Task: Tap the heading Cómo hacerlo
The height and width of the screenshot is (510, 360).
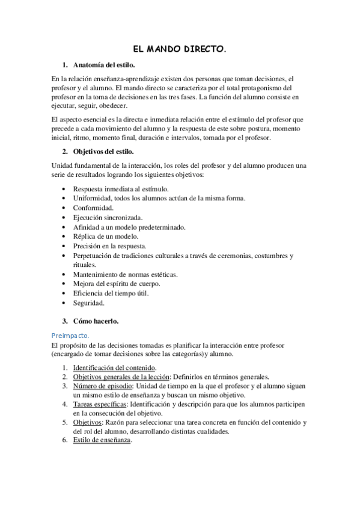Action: coord(96,321)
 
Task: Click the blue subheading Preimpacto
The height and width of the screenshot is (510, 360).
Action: coord(70,335)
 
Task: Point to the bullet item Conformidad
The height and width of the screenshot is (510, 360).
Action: coord(93,207)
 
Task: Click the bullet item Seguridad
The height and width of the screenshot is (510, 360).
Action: coord(89,303)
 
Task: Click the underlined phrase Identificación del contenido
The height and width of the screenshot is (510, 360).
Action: coord(114,367)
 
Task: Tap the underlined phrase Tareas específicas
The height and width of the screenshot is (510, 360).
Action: coord(98,404)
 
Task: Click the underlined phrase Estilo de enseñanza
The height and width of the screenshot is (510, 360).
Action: coord(101,440)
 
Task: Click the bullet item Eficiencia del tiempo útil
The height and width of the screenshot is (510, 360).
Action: coord(111,293)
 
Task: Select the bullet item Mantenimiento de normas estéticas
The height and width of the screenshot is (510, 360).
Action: coord(124,274)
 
